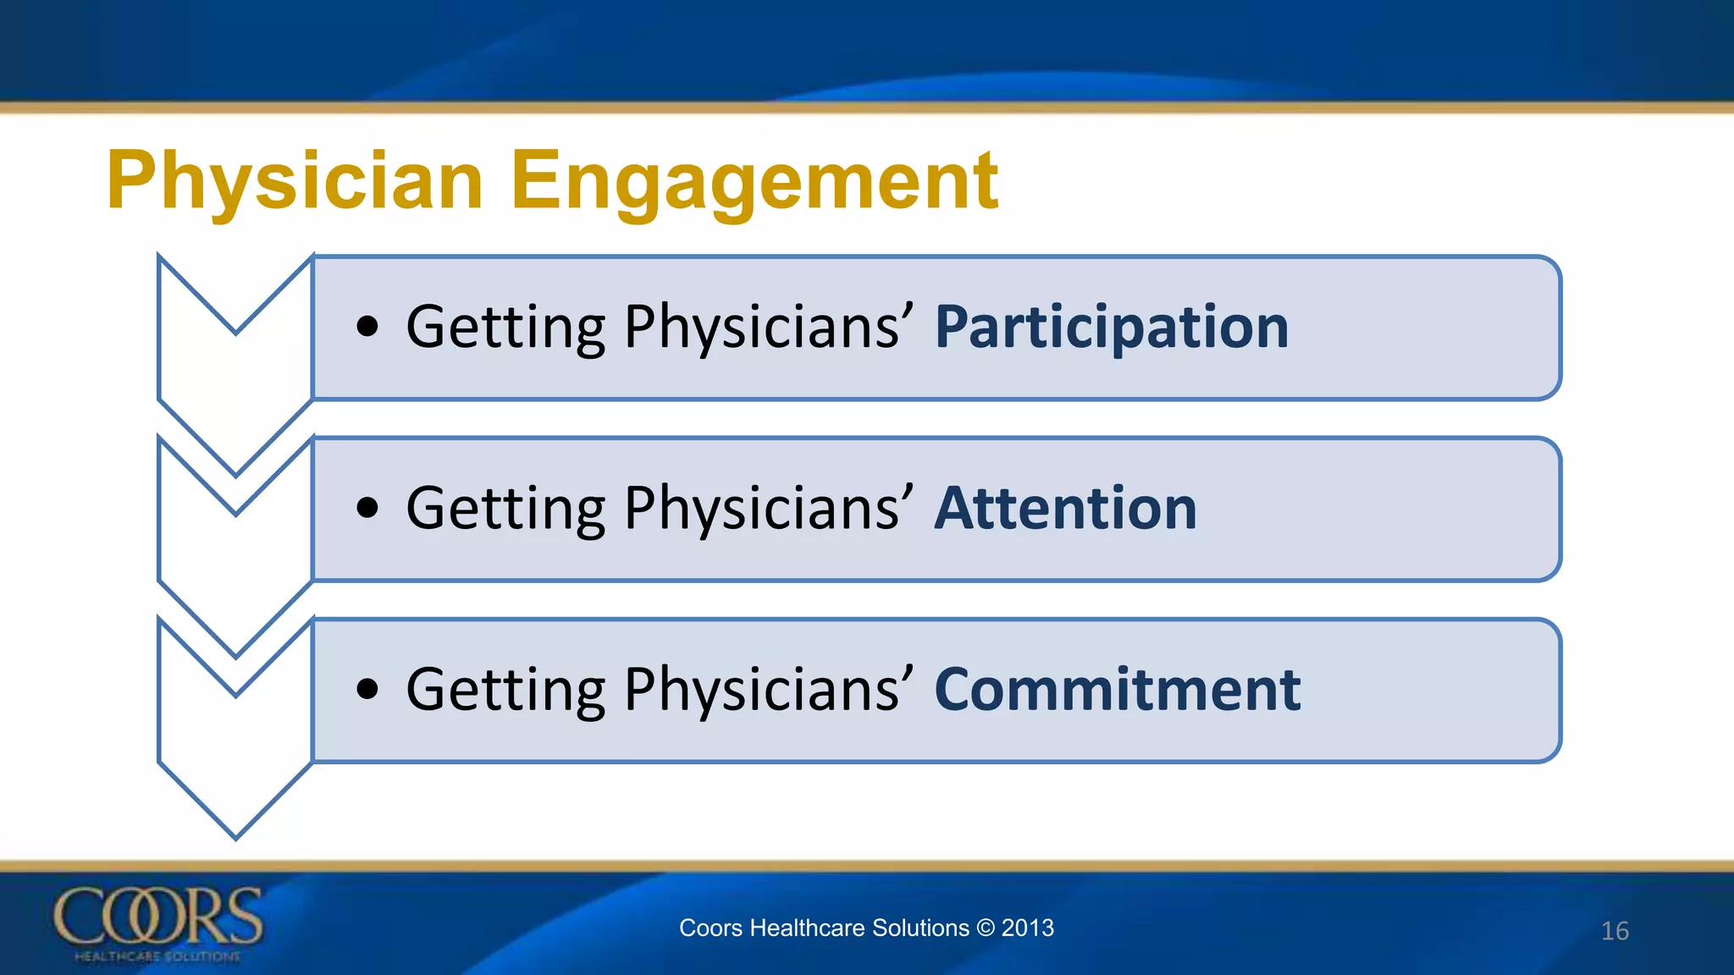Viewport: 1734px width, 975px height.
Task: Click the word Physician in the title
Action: click(x=295, y=181)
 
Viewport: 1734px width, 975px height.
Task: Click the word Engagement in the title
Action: click(x=754, y=181)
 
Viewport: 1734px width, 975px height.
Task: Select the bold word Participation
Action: click(x=1111, y=328)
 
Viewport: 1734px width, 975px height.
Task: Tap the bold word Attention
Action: click(x=1065, y=509)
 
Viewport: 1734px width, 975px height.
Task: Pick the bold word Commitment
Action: click(x=1117, y=690)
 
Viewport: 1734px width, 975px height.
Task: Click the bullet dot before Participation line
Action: click(x=367, y=327)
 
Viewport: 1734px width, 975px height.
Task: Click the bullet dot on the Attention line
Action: click(x=367, y=508)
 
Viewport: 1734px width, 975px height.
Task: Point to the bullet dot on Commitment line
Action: click(x=367, y=689)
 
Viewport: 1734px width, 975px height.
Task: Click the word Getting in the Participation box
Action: click(x=505, y=328)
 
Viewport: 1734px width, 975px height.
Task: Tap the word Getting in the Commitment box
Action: click(x=505, y=690)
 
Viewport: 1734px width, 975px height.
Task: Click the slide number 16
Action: click(x=1615, y=931)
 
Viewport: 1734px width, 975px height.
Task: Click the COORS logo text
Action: click(x=158, y=917)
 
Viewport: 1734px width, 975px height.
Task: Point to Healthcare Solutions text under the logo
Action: click(x=157, y=956)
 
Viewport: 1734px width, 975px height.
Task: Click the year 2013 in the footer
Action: click(x=1027, y=928)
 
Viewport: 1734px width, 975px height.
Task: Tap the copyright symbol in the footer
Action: click(x=985, y=928)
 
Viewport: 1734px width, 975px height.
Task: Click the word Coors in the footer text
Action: click(x=710, y=928)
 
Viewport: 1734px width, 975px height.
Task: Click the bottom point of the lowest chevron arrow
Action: click(x=236, y=836)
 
